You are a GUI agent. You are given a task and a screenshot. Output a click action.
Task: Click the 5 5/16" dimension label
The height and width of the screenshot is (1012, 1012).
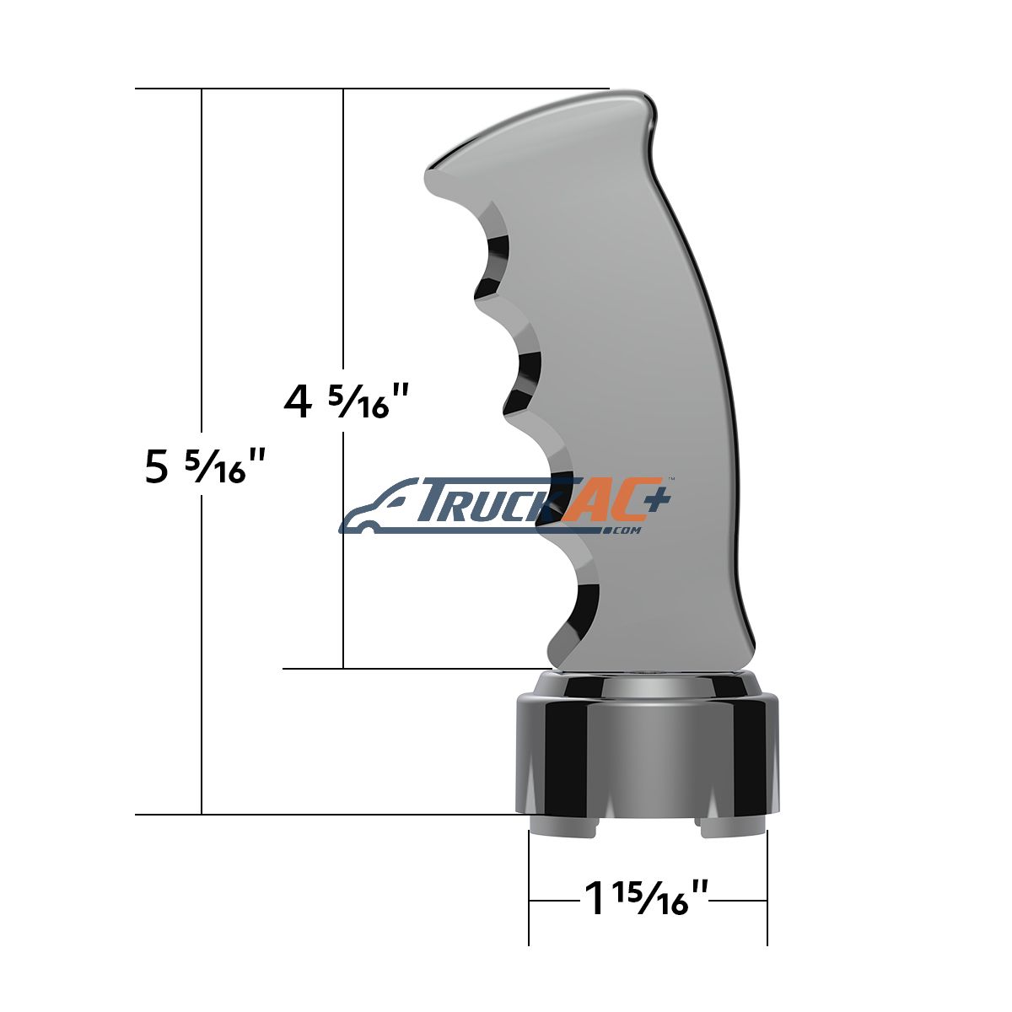[202, 466]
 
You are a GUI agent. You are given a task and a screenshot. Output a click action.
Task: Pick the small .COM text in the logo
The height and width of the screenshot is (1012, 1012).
[625, 530]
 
